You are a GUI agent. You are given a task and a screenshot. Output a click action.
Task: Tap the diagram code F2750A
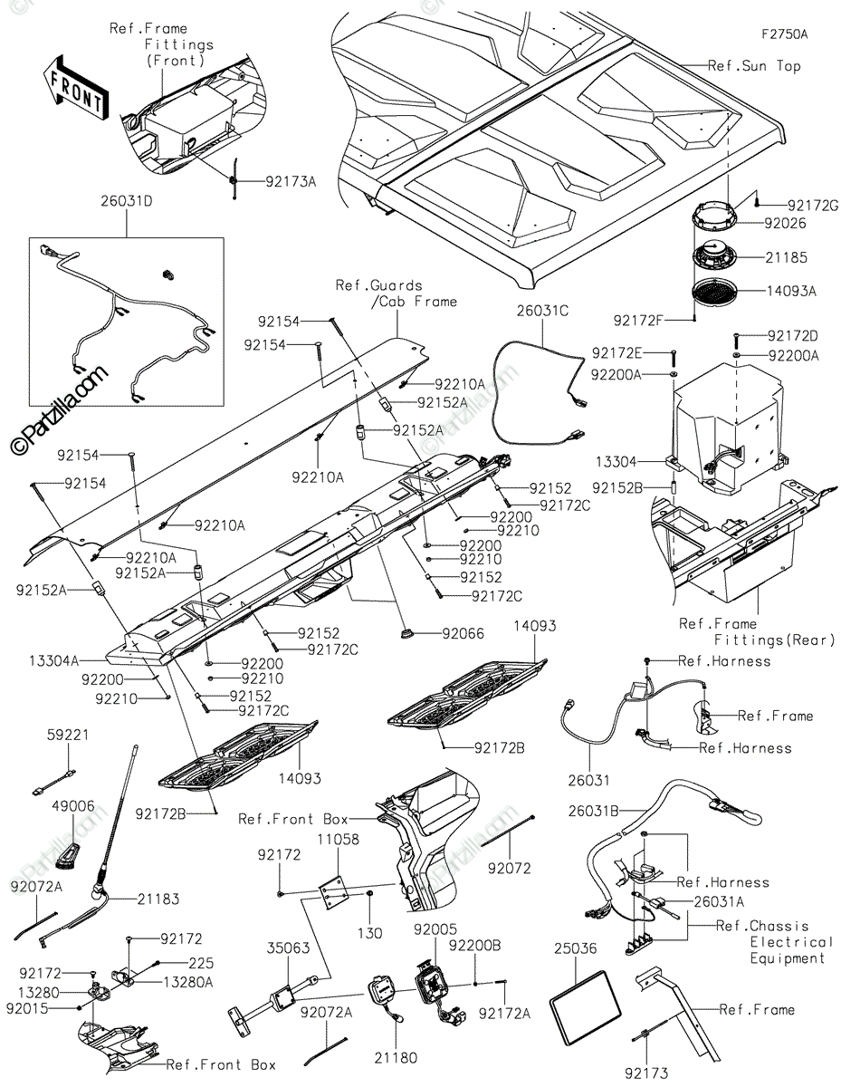[x=784, y=34]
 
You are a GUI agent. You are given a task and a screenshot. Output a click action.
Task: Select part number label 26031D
[x=127, y=201]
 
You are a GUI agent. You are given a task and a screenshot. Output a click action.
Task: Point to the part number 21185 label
[x=786, y=257]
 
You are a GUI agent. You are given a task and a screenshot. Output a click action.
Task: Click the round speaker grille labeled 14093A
[x=714, y=291]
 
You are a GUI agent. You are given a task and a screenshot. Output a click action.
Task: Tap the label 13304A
[x=54, y=661]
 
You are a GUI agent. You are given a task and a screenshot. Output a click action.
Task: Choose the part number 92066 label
[x=464, y=634]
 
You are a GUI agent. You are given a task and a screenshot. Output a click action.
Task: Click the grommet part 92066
[x=406, y=633]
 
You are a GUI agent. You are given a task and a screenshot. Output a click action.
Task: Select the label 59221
[x=68, y=735]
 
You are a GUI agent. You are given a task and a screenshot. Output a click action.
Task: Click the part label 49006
[x=73, y=806]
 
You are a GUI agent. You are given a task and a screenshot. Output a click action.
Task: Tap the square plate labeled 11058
[x=333, y=894]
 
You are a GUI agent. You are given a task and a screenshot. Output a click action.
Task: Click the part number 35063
[x=288, y=948]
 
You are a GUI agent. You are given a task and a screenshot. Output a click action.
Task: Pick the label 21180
[x=396, y=1058]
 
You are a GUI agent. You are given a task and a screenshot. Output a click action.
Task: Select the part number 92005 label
[x=435, y=928]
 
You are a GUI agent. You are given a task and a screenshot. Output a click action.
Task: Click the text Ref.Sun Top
[x=755, y=65]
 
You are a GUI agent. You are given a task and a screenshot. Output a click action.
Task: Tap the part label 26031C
[x=542, y=311]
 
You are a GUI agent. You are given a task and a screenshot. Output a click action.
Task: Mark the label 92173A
[x=291, y=181]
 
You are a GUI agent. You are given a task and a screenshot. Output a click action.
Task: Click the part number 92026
[x=785, y=223]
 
